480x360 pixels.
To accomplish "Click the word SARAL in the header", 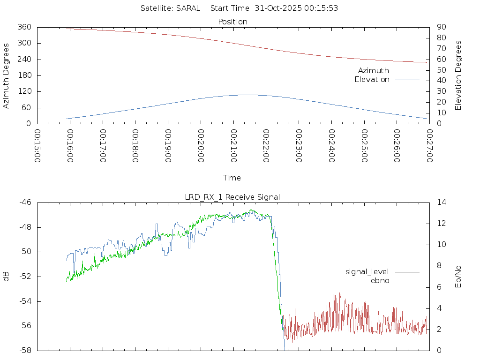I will tap(188, 8).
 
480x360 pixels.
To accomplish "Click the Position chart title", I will tap(232, 22).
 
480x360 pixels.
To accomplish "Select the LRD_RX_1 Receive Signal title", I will tap(232, 197).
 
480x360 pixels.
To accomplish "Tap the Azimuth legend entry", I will tap(374, 71).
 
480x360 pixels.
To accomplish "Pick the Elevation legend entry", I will tap(372, 80).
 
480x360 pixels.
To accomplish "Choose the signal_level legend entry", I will tap(367, 271).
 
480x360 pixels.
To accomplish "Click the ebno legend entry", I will tap(380, 280).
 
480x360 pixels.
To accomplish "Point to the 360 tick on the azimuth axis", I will tap(24, 27).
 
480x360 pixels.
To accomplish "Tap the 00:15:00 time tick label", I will tap(38, 146).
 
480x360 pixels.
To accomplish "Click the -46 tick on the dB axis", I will tap(25, 202).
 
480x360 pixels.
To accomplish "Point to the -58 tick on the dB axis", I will tap(25, 350).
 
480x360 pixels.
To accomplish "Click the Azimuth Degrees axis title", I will tap(7, 75).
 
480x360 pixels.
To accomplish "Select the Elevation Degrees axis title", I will tap(458, 75).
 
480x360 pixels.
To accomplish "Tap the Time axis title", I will tap(232, 178).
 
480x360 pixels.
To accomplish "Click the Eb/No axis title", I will tap(458, 276).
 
